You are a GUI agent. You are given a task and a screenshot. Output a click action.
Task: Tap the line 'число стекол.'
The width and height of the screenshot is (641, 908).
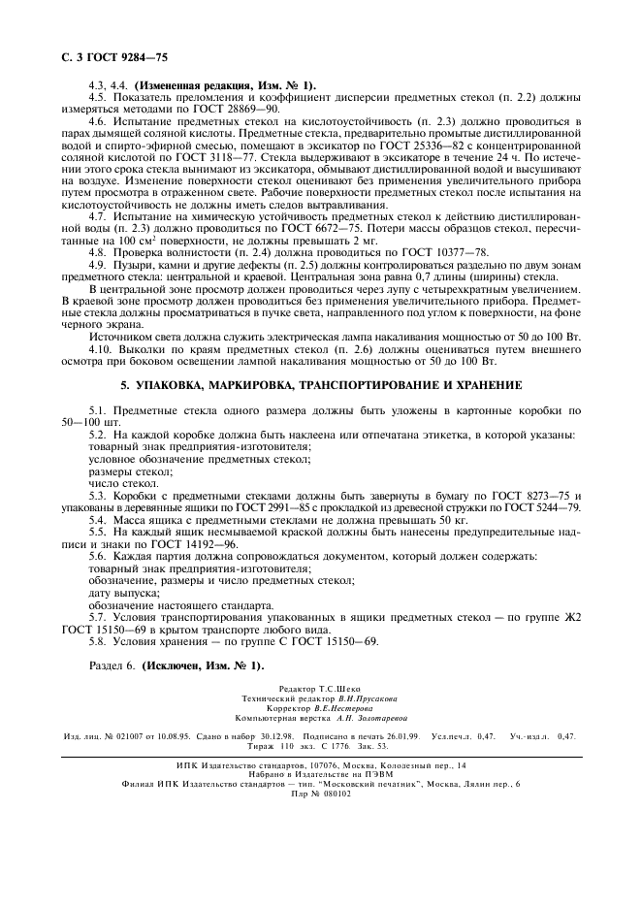(x=123, y=482)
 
